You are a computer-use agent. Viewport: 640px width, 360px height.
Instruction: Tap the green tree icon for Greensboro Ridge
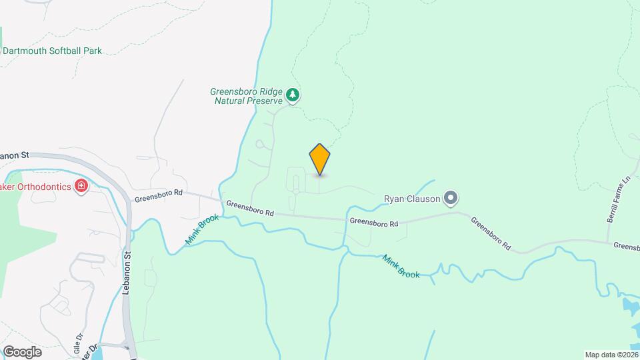tap(292, 96)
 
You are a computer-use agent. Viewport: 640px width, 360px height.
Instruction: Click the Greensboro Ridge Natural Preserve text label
tap(247, 96)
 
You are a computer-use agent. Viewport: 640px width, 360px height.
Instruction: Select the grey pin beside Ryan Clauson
tap(451, 197)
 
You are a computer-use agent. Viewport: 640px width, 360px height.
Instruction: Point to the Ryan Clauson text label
tap(412, 198)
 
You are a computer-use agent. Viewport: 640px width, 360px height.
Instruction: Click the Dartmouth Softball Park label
tap(52, 51)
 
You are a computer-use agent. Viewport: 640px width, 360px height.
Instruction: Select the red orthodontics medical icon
tap(82, 186)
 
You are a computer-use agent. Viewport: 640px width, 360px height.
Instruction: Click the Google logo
tap(22, 351)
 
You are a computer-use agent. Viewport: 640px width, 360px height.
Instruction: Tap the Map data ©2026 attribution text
tap(611, 355)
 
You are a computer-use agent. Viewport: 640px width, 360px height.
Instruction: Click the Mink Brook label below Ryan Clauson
tap(400, 265)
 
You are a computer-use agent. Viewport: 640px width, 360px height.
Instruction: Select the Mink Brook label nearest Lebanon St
tap(198, 230)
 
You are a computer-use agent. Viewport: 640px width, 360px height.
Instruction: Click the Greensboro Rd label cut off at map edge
tap(627, 246)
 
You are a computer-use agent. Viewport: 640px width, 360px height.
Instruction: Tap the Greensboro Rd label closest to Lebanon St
tap(158, 195)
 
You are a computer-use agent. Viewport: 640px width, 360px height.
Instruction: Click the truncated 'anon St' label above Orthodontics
tap(15, 155)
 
